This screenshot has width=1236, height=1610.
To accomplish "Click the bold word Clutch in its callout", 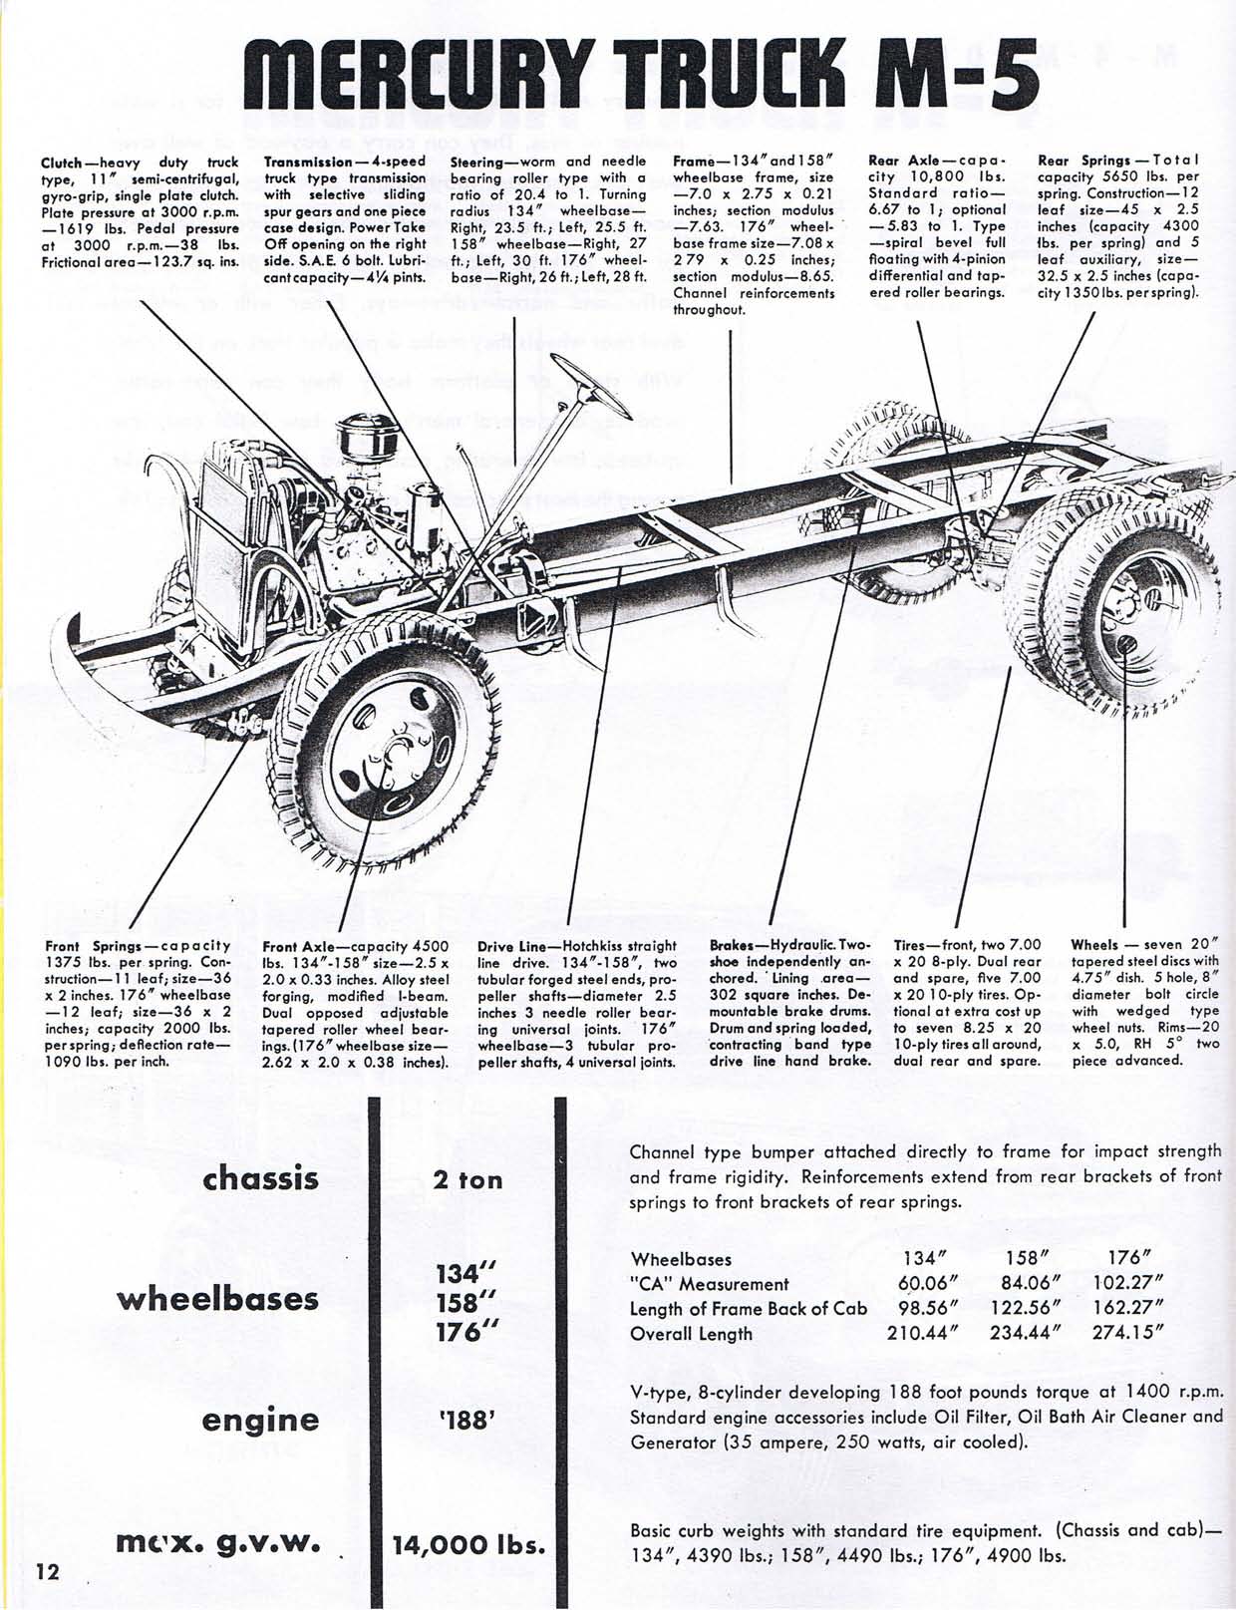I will pos(62,161).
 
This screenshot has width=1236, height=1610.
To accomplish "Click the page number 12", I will pos(48,1572).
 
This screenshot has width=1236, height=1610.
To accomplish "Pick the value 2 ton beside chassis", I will pos(467,1180).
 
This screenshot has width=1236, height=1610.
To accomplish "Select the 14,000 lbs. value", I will pos(467,1546).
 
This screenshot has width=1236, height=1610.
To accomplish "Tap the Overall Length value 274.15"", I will pos(1130,1334).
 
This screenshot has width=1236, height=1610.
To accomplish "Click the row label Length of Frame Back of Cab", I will pos(749,1309).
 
